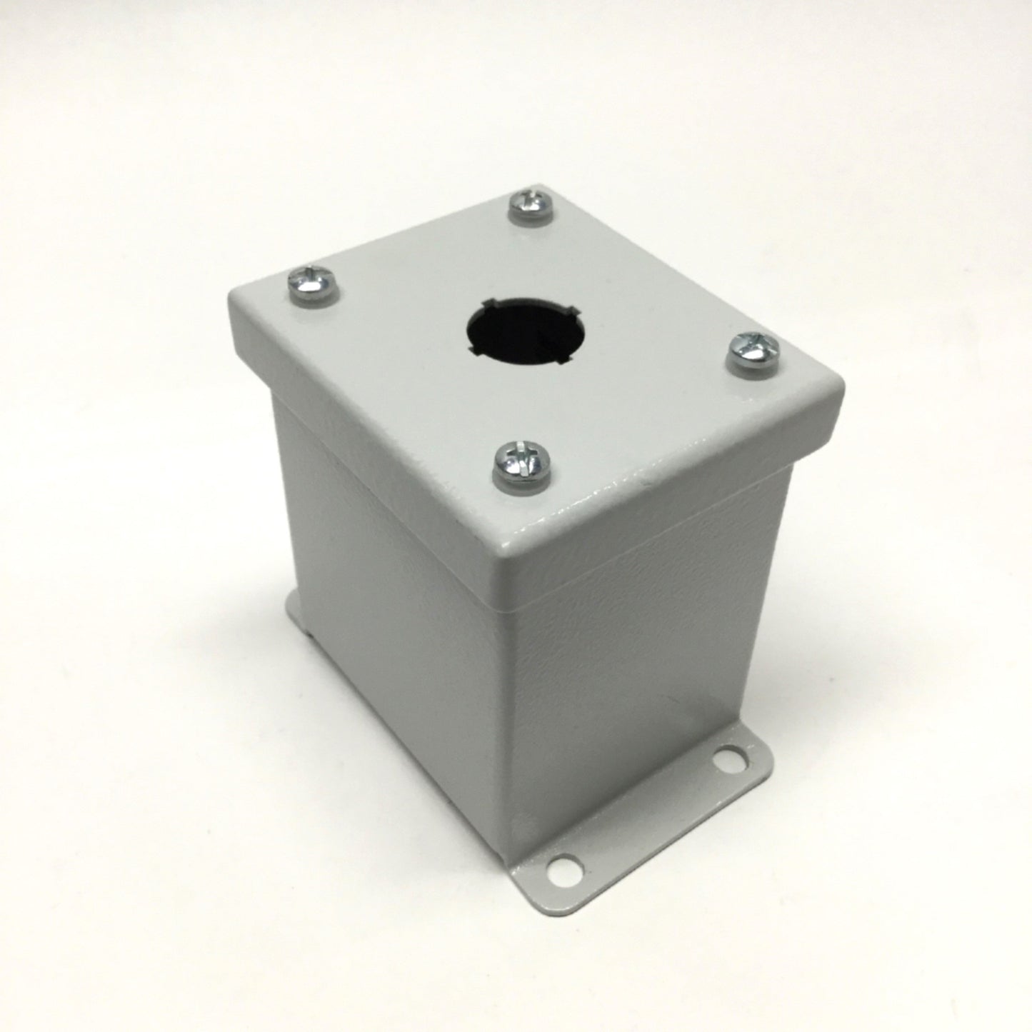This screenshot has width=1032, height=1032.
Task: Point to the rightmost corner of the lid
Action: [x=843, y=389]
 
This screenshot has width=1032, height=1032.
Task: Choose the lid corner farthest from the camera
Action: [x=543, y=187]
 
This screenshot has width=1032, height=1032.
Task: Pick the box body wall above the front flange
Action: [x=643, y=643]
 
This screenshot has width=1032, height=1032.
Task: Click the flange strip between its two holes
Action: [x=643, y=814]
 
